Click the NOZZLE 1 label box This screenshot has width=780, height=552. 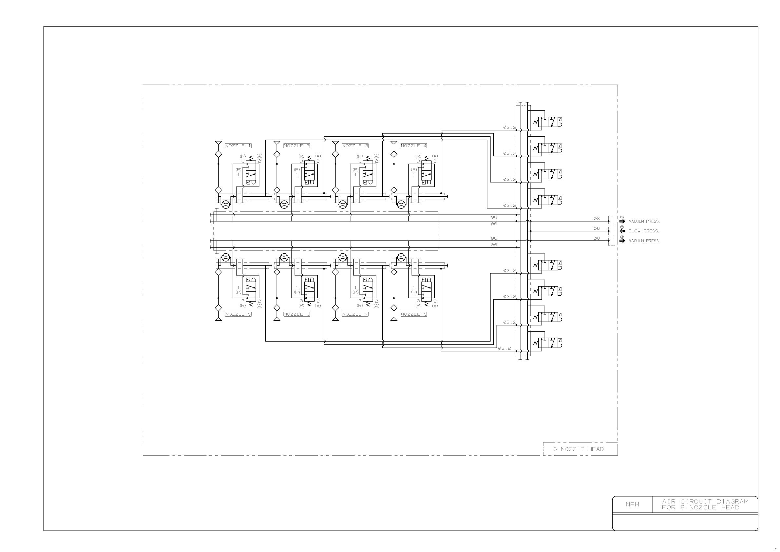[x=238, y=146]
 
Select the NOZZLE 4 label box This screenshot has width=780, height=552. [x=413, y=146]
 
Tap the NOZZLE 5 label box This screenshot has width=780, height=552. [x=238, y=314]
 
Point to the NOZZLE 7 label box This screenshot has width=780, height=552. [x=355, y=314]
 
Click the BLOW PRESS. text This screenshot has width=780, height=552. [x=643, y=231]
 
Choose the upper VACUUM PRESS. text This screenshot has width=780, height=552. [x=644, y=221]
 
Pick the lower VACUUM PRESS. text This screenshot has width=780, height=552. [x=644, y=241]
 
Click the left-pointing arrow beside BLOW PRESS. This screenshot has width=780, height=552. [x=622, y=231]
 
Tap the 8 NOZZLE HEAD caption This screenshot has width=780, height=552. [x=578, y=449]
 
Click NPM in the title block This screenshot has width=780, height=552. [x=632, y=504]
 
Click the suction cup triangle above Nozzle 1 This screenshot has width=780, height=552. [x=219, y=143]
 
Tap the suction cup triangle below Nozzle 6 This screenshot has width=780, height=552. [x=277, y=319]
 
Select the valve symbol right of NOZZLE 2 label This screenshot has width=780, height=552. [x=309, y=173]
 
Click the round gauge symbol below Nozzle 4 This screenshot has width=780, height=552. [x=401, y=204]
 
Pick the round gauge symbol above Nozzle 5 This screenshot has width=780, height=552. [x=226, y=257]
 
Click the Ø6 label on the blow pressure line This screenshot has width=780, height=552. [x=596, y=228]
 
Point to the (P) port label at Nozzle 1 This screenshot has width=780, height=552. [x=238, y=169]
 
